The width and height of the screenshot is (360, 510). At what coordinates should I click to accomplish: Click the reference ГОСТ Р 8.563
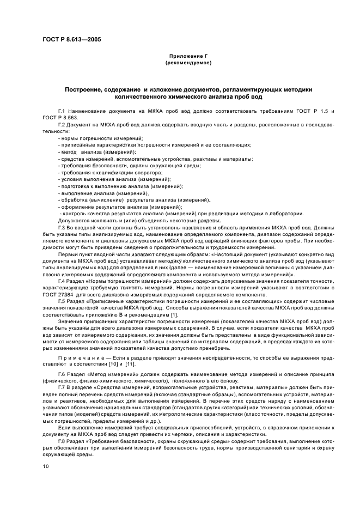[58, 118]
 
